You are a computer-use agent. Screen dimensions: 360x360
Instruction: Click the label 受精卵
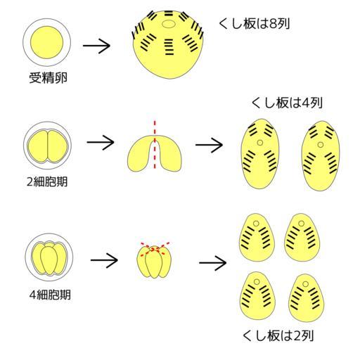pos(48,78)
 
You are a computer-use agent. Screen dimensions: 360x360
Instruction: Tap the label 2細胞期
pos(47,181)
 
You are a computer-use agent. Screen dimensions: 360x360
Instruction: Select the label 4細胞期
pos(50,295)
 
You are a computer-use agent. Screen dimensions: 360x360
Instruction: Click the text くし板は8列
pos(255,24)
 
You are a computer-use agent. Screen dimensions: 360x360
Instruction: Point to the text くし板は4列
pos(287,103)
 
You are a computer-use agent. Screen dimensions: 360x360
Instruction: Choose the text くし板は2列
pos(278,336)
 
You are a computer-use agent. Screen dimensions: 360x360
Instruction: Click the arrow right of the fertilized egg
pos(96,46)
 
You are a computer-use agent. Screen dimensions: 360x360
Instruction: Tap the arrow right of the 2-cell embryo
pos(101,142)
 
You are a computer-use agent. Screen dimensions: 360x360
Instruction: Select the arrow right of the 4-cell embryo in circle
pos(104,260)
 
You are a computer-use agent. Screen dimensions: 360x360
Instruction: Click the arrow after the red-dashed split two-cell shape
pos(209,145)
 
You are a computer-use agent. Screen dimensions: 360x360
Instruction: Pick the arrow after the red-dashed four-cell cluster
pos(213,263)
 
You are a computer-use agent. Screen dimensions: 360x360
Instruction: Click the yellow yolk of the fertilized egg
pos(46,42)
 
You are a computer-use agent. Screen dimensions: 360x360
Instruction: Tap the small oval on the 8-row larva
pos(169,24)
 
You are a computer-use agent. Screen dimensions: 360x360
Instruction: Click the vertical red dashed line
pos(155,145)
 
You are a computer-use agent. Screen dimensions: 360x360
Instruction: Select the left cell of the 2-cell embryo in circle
pos(38,146)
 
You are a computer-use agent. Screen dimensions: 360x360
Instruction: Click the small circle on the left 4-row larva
pos(259,143)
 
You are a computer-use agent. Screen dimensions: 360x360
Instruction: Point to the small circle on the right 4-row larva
pos(321,145)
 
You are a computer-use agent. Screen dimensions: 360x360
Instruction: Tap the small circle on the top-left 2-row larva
pos(256,224)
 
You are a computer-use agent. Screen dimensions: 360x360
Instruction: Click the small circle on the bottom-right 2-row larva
pos(305,284)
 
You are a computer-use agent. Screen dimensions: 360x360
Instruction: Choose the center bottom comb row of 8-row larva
pos(169,47)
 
